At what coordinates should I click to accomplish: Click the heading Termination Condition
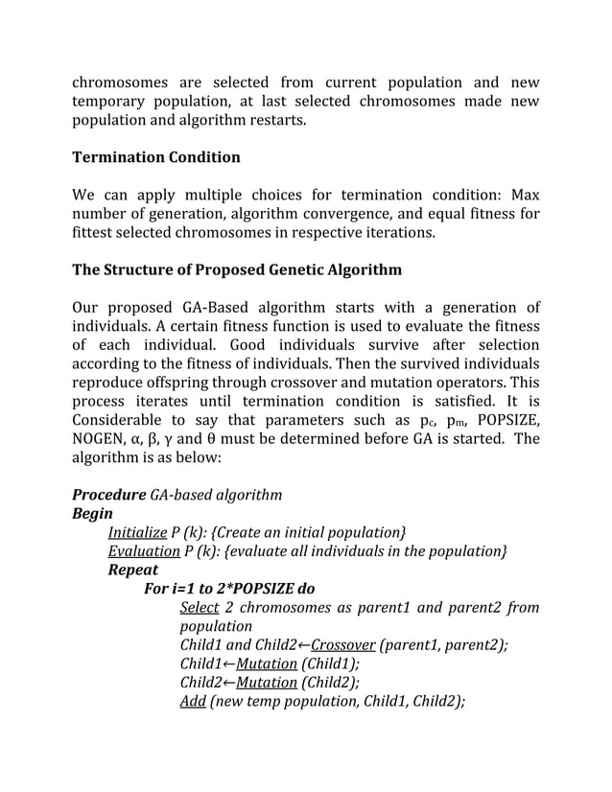click(x=156, y=157)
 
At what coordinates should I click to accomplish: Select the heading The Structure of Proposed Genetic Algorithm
click(x=237, y=269)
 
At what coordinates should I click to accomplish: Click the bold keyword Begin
click(x=92, y=514)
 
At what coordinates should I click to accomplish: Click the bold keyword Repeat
click(x=133, y=570)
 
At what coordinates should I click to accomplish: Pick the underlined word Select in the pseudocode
click(x=200, y=607)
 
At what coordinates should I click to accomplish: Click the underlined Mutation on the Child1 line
click(x=267, y=664)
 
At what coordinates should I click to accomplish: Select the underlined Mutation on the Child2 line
click(x=267, y=683)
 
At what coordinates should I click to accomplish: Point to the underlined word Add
click(x=193, y=701)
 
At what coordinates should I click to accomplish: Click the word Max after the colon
click(x=524, y=195)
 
